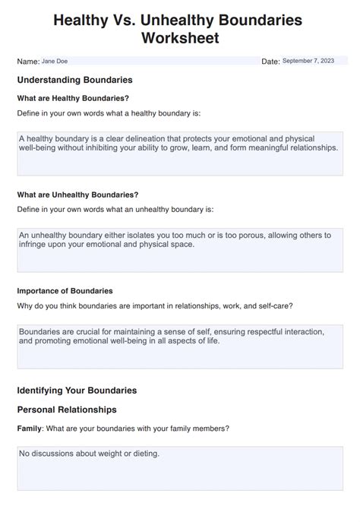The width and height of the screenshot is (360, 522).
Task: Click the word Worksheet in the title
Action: coord(179,38)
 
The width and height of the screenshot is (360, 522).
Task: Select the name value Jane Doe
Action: coord(55,61)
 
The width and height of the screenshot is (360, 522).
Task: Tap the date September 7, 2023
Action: coord(308,61)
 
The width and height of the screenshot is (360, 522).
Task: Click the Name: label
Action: coord(28,61)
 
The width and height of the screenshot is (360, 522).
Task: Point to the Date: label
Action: coord(270,62)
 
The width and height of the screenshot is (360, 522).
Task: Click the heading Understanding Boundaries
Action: coord(74,80)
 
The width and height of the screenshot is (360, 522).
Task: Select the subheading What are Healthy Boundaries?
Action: coord(73,98)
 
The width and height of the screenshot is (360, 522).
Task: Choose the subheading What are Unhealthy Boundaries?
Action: coord(77,195)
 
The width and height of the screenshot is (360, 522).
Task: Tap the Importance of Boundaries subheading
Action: coord(65,291)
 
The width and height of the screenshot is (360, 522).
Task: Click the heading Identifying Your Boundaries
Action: coord(77,391)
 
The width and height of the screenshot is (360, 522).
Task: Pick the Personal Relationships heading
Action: coord(67,410)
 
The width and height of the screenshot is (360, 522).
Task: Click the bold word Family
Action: coord(30,429)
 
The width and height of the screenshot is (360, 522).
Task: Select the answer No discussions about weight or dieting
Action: coord(90,454)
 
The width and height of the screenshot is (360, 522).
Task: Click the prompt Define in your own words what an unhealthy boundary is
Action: coord(115,209)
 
